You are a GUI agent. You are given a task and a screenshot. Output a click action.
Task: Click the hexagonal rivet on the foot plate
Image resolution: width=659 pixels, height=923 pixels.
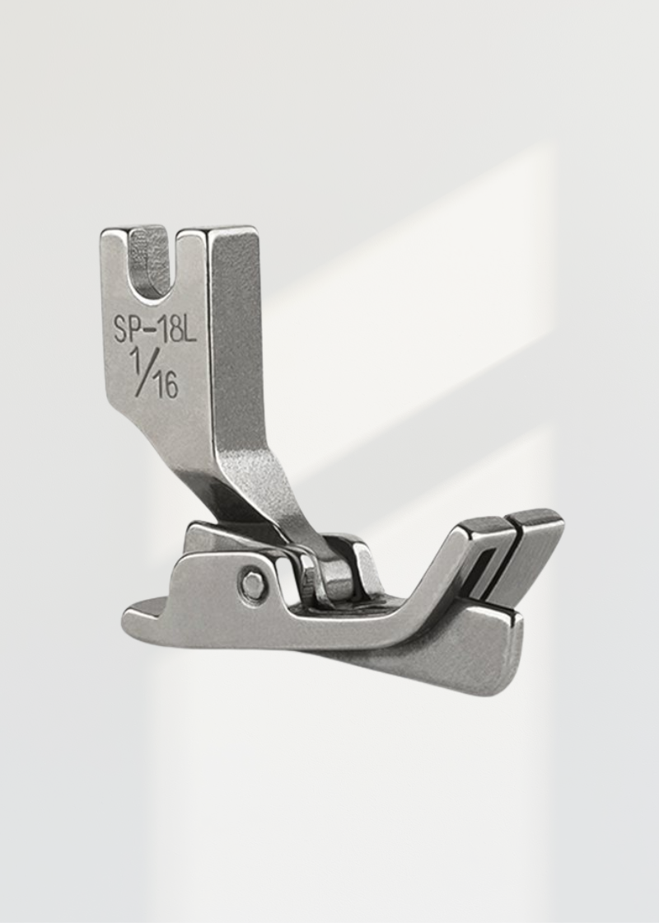tap(252, 584)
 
